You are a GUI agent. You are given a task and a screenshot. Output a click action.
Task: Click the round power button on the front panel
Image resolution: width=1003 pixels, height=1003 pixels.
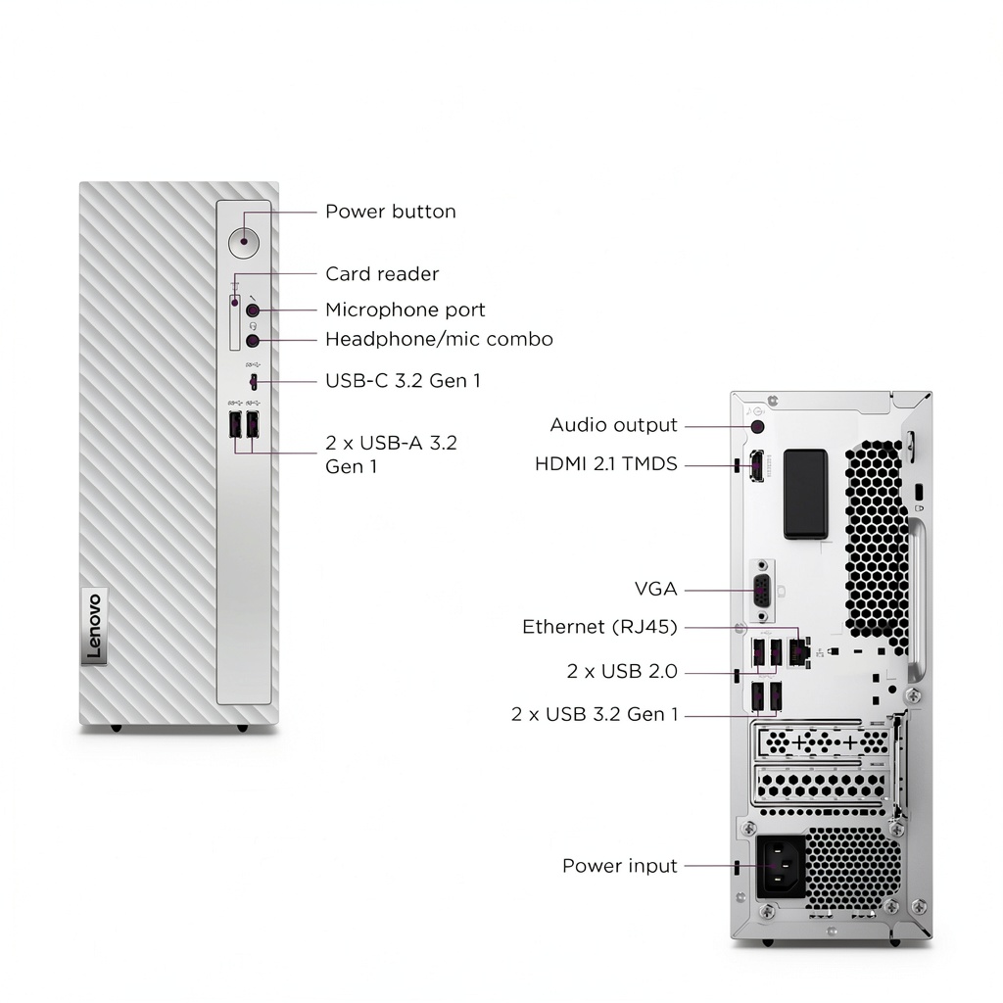pyautogui.click(x=244, y=243)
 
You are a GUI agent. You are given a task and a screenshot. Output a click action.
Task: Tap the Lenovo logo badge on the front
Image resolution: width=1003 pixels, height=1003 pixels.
pyautogui.click(x=94, y=626)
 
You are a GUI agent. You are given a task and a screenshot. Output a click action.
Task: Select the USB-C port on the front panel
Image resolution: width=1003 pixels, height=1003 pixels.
pyautogui.click(x=254, y=383)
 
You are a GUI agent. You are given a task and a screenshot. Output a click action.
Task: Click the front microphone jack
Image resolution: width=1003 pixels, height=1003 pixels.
pyautogui.click(x=253, y=310)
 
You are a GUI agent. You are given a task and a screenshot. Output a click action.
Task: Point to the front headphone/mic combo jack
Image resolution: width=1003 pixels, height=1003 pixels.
pyautogui.click(x=253, y=340)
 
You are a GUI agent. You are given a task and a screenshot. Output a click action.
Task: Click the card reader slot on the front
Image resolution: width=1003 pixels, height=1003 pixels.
pyautogui.click(x=235, y=323)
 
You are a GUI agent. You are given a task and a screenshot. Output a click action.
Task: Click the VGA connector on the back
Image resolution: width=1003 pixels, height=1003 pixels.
pyautogui.click(x=762, y=590)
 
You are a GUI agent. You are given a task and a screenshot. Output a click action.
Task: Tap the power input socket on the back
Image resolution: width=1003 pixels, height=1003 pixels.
pyautogui.click(x=781, y=868)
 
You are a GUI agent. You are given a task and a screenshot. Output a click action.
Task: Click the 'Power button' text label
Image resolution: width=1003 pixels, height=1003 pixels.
pyautogui.click(x=390, y=212)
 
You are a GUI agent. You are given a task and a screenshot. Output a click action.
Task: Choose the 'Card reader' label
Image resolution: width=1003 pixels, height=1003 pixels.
pyautogui.click(x=382, y=274)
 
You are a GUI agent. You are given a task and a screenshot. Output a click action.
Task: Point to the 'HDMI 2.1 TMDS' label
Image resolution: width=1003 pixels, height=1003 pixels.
pyautogui.click(x=605, y=463)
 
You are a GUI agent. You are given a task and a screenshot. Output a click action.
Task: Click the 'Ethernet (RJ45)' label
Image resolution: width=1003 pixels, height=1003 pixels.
pyautogui.click(x=599, y=627)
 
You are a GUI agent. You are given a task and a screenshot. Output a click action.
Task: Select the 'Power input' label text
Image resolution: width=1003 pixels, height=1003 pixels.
pyautogui.click(x=619, y=866)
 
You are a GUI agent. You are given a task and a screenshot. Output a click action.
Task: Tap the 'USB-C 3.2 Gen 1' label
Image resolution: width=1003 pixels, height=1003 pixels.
pyautogui.click(x=403, y=381)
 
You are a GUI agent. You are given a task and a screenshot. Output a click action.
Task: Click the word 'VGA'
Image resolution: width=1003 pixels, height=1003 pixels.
pyautogui.click(x=655, y=589)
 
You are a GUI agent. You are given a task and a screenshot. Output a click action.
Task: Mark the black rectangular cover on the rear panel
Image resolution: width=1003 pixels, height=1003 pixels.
pyautogui.click(x=805, y=494)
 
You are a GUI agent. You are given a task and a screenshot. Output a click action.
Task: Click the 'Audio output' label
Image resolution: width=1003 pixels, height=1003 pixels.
pyautogui.click(x=613, y=425)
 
